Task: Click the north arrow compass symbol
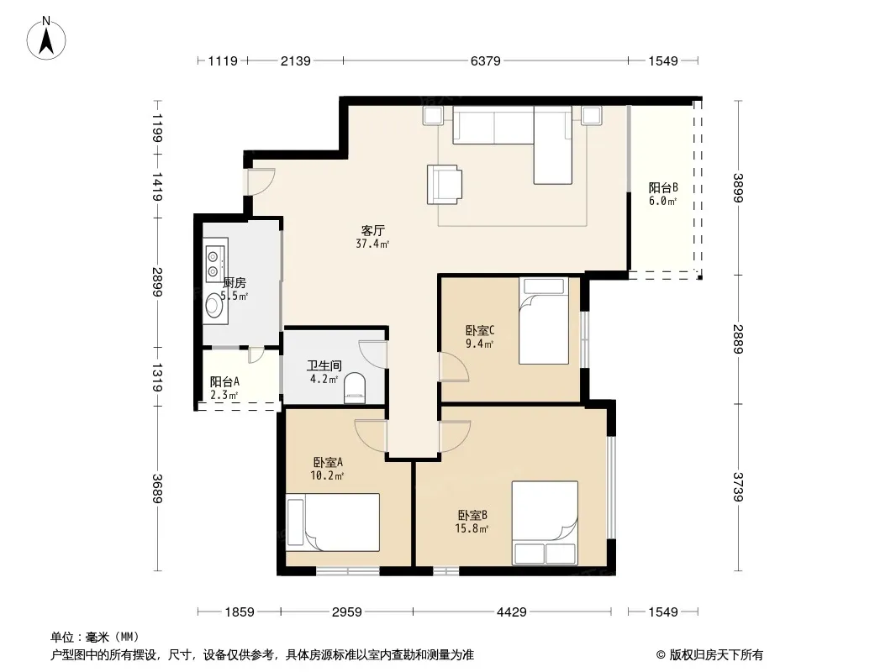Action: (x=46, y=39)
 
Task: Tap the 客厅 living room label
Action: (x=372, y=231)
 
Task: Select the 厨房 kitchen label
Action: (x=235, y=282)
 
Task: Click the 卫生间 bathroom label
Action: (x=324, y=365)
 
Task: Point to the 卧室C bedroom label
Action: (x=480, y=331)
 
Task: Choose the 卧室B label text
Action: (x=472, y=515)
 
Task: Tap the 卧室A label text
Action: (x=328, y=462)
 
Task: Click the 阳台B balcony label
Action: (x=663, y=187)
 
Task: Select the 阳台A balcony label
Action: (x=224, y=381)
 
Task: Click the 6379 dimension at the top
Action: (x=486, y=60)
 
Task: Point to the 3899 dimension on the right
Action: (x=738, y=188)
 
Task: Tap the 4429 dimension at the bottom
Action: (x=511, y=612)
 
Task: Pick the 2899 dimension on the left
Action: (x=157, y=282)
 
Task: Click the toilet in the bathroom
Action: (x=355, y=388)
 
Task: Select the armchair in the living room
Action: (x=445, y=185)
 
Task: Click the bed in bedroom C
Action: (x=544, y=321)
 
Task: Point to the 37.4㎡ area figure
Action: (x=372, y=244)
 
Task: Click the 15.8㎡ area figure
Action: (x=472, y=528)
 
